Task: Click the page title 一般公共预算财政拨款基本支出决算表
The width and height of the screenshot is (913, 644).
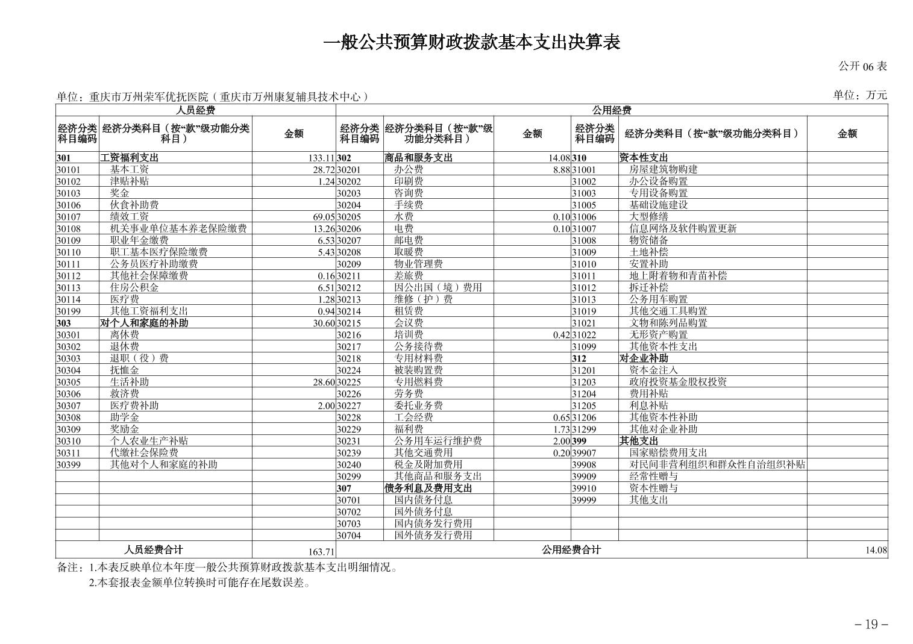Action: point(472,43)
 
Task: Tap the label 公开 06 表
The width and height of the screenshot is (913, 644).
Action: point(862,66)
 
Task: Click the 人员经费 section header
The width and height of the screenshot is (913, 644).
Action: point(195,110)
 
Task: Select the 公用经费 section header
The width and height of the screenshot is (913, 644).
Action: point(611,110)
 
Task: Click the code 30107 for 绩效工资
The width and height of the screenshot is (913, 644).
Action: point(69,217)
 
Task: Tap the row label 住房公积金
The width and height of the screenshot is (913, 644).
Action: point(134,287)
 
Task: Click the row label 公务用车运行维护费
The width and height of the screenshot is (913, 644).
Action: point(438,441)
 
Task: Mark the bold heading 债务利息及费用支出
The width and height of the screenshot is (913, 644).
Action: point(428,488)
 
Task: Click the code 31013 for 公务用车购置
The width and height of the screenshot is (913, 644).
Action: point(583,299)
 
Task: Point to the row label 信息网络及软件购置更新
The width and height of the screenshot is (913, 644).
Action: point(683,228)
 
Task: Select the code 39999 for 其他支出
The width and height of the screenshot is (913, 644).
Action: point(583,500)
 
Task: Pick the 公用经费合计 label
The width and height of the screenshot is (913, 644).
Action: point(571,549)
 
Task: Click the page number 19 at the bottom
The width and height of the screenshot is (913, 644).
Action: point(871,624)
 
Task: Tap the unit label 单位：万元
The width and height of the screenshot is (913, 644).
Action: point(860,95)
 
